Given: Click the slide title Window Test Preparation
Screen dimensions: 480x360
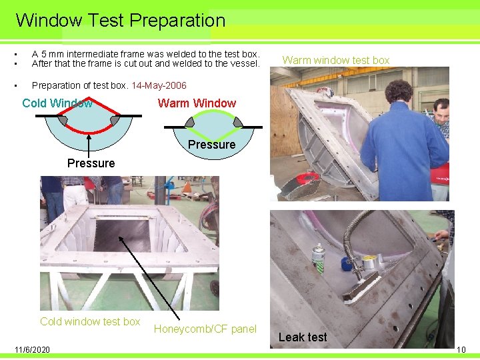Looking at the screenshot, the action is pos(120,20).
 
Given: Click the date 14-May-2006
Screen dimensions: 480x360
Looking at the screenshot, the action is pos(159,85).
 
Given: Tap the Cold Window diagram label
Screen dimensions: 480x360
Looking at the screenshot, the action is pos(57,103).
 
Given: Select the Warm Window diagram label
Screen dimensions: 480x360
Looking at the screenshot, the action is pos(197,103).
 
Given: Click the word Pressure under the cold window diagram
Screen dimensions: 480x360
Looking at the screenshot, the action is pos(91,163).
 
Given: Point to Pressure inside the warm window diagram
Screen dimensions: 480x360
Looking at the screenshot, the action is pos(211,144).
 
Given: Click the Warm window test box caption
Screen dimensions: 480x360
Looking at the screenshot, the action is pos(336,60).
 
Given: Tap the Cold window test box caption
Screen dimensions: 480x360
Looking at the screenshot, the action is pos(90,321).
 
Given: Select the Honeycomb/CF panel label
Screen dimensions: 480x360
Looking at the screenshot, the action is pos(205,329).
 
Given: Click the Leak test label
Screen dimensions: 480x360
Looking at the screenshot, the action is pos(303,337).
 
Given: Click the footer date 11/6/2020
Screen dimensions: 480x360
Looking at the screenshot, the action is pos(32,349).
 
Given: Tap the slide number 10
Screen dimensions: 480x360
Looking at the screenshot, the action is pos(461,349).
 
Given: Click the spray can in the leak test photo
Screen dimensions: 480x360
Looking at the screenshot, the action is pos(319,259).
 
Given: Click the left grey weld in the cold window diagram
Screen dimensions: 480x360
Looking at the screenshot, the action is pos(63,120).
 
